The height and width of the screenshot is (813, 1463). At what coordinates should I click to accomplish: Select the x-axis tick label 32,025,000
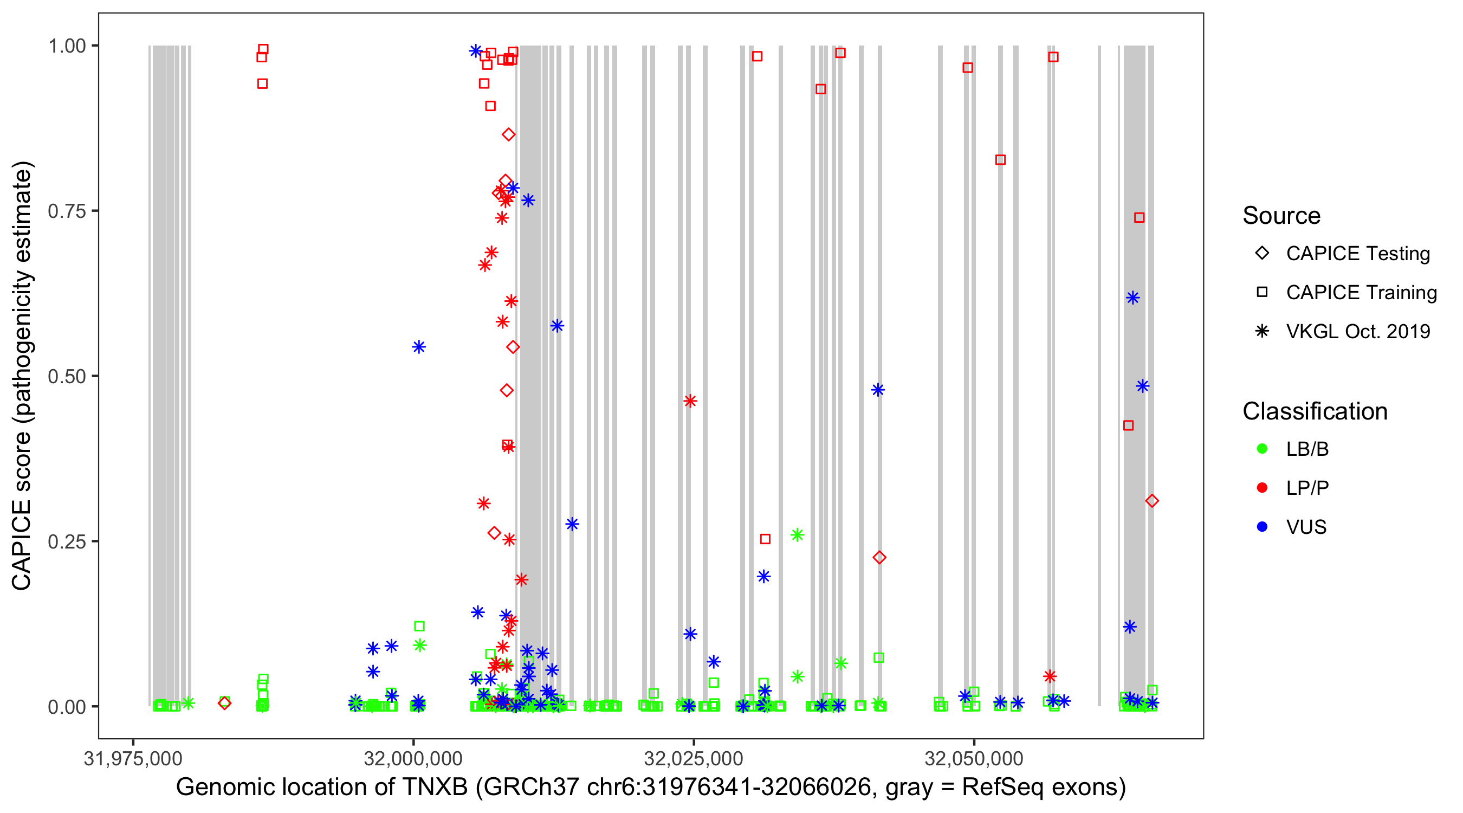tap(693, 758)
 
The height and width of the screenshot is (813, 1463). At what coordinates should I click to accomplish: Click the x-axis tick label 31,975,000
tap(133, 758)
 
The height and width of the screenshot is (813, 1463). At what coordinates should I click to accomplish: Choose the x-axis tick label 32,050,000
tap(974, 758)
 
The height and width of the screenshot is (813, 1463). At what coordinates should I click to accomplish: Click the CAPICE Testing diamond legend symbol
tap(1262, 254)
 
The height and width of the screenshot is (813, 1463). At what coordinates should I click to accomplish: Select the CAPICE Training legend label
tap(1361, 293)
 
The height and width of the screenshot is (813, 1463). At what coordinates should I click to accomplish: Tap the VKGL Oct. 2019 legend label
tap(1358, 332)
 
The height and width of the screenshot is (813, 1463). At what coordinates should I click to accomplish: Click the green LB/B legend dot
tap(1262, 449)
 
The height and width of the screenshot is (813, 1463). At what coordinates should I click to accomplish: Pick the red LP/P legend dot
tap(1262, 488)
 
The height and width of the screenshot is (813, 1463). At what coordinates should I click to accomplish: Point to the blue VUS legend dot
tap(1262, 527)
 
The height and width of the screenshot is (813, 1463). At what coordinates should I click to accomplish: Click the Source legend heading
tap(1281, 216)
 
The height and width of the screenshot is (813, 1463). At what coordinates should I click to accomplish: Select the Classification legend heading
tap(1315, 411)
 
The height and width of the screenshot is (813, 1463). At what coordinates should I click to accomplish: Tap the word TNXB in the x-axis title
tap(435, 788)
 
